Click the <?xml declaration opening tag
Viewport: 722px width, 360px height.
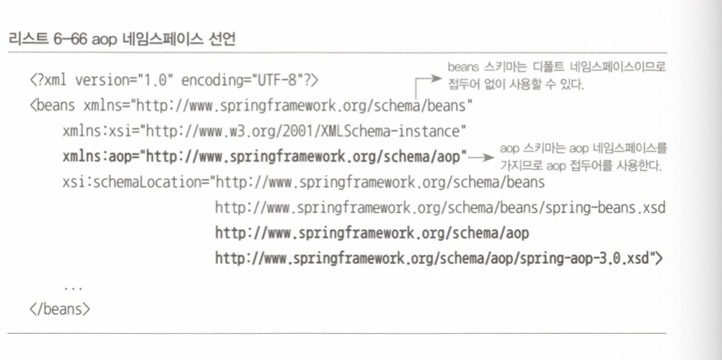coord(50,81)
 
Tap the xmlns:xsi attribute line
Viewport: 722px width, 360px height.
coord(264,131)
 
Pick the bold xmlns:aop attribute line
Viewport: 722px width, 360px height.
coord(264,156)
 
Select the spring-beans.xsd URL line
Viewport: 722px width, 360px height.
coord(439,207)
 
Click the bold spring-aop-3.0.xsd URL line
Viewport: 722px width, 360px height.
coord(439,258)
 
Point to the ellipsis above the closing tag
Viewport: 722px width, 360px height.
coord(72,287)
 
